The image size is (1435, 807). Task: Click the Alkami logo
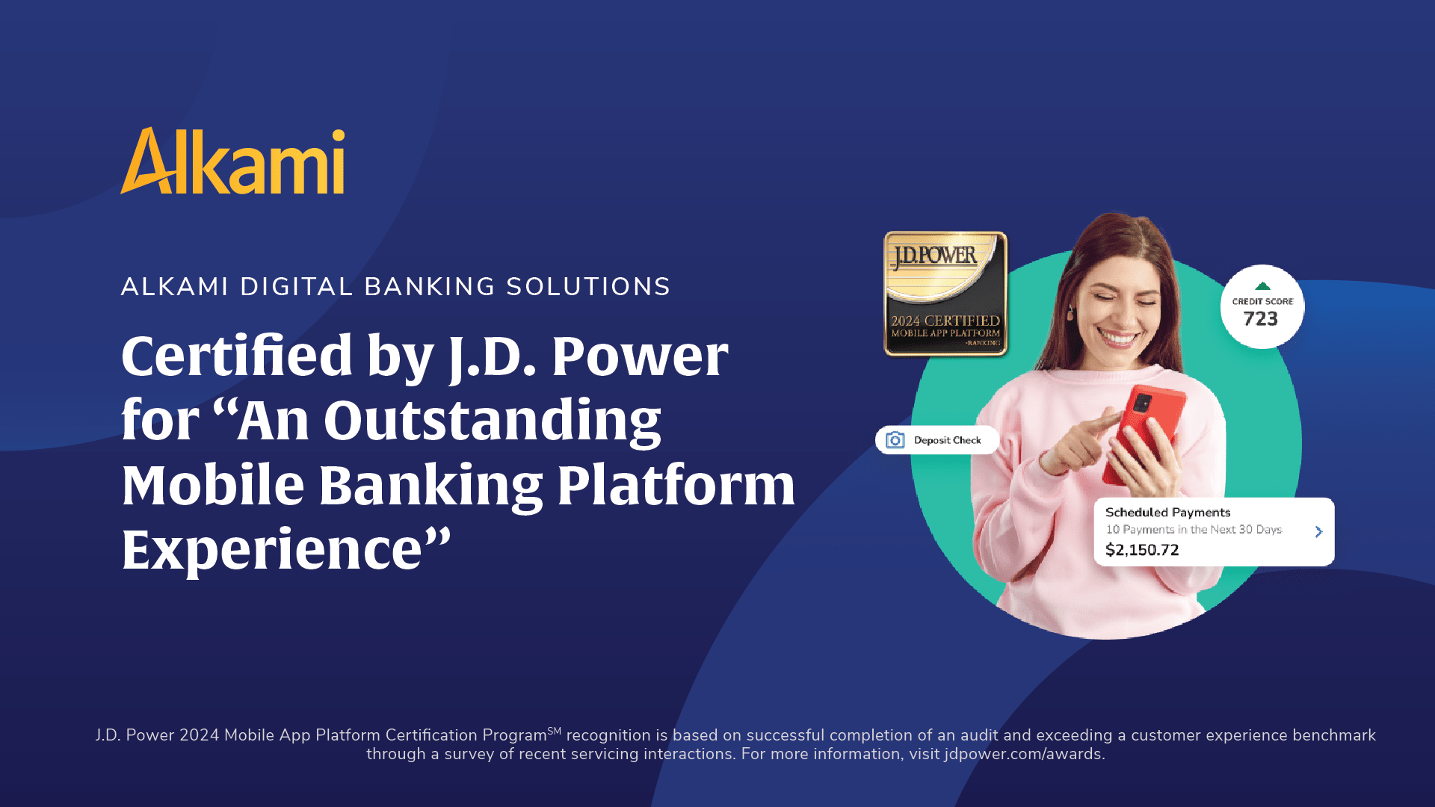[232, 161]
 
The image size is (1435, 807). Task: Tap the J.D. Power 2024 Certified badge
[945, 294]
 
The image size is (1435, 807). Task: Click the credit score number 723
[1261, 319]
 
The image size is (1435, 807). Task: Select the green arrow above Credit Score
[1262, 286]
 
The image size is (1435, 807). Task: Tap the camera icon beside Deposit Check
[895, 440]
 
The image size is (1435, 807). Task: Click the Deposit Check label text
[947, 440]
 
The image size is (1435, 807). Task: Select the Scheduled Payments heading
[1167, 512]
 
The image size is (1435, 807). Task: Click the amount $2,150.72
[1142, 550]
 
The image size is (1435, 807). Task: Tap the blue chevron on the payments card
[1318, 531]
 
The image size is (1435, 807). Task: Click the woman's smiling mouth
[1119, 338]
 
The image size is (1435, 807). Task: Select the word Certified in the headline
[236, 356]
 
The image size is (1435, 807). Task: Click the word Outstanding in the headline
[492, 421]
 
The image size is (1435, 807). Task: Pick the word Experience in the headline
[272, 550]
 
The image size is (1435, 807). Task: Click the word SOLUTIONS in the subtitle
[588, 287]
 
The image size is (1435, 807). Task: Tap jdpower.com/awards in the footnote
[1023, 754]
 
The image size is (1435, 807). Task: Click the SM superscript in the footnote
[554, 731]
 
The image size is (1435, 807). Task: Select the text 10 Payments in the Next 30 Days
[1194, 530]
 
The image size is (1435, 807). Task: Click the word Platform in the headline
[676, 486]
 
